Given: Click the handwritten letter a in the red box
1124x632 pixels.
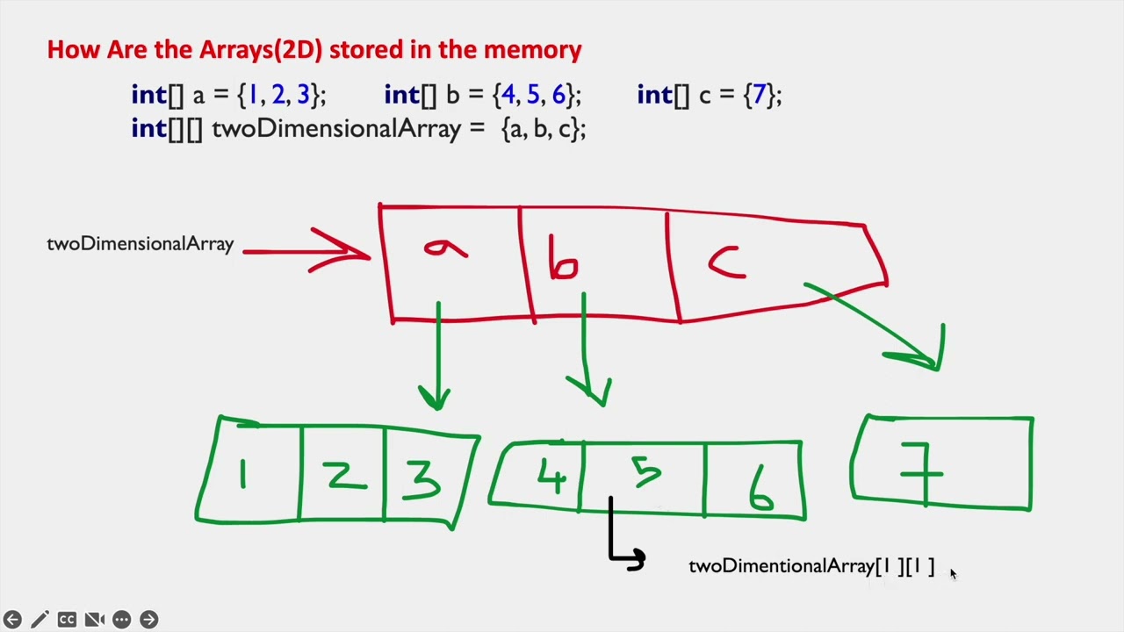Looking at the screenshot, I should coord(445,251).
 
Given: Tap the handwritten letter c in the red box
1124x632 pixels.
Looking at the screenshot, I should coord(727,262).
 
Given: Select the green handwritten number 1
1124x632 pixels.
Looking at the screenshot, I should coord(243,475).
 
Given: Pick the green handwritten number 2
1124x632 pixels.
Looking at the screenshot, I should coord(342,475).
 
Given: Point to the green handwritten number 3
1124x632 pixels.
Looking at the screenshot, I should coord(422,479).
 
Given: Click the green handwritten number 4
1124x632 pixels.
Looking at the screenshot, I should coord(551,476).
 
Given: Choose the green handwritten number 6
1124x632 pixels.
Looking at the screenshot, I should coord(760,492).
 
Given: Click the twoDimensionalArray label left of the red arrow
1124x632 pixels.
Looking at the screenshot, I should coord(140,244).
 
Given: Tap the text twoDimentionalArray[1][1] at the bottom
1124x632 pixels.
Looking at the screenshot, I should coord(811,566).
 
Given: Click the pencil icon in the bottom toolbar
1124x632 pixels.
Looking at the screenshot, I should coord(40,619).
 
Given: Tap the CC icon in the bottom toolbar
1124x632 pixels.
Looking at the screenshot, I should coord(67,619).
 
